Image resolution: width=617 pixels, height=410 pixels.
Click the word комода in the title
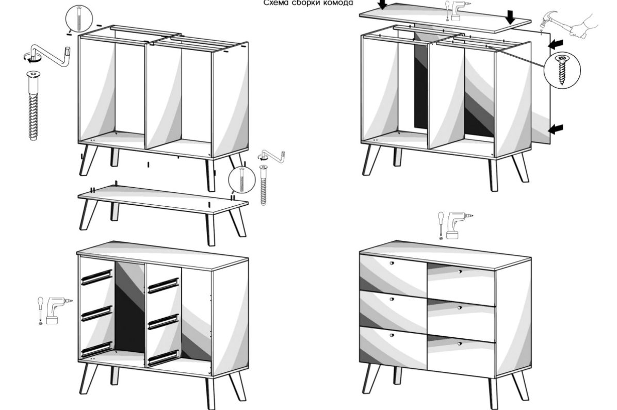[335, 3]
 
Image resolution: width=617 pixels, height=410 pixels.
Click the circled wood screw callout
[562, 70]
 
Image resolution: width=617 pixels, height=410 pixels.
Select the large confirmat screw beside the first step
[34, 105]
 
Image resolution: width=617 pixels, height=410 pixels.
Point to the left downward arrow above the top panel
[382, 4]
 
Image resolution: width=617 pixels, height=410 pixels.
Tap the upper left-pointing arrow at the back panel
[555, 44]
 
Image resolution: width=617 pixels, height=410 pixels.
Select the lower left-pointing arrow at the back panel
[555, 128]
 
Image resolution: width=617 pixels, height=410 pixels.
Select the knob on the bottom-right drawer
[460, 344]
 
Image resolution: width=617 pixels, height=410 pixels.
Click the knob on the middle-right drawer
[459, 307]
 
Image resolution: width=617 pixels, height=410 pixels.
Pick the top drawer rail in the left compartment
[97, 277]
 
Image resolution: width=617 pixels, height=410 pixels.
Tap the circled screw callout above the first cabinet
[79, 19]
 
